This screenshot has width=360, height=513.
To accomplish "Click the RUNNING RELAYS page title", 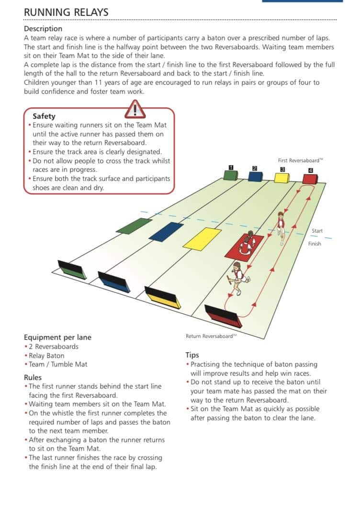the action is [x=66, y=12].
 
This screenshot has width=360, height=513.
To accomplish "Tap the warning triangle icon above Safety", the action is [x=135, y=109].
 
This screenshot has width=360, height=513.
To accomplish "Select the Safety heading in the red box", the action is [x=44, y=116].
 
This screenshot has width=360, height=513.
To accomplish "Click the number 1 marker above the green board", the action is [x=231, y=167].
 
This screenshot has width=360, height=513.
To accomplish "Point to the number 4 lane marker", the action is [x=311, y=170].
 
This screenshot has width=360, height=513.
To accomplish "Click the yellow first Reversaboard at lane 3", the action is [x=282, y=178].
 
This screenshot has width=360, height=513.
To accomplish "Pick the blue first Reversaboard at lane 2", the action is [x=256, y=176].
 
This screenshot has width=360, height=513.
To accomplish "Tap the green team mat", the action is [x=134, y=226].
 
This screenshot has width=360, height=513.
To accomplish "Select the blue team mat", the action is [x=166, y=232].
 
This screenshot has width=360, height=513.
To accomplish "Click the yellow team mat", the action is [x=202, y=239].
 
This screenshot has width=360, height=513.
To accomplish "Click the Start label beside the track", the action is [x=317, y=231].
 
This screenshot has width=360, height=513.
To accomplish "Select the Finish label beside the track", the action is [x=314, y=244].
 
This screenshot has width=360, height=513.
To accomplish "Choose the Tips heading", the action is [x=192, y=355].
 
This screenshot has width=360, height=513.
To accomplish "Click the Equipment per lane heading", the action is [x=57, y=337].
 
